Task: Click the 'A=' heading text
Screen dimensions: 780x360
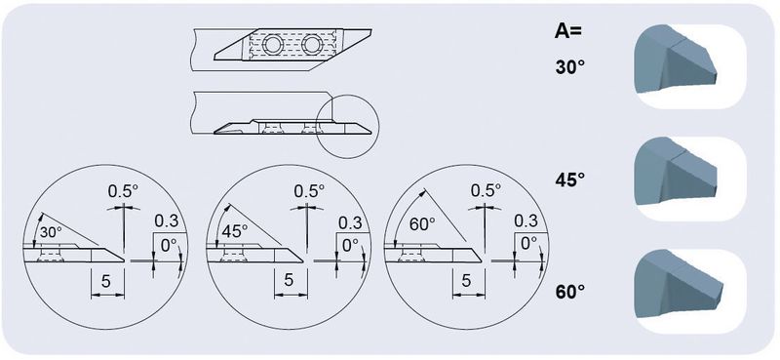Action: click(x=568, y=31)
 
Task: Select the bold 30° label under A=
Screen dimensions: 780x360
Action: click(x=569, y=67)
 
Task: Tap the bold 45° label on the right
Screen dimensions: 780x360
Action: click(x=569, y=180)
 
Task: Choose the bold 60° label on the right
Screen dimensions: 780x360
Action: click(x=569, y=292)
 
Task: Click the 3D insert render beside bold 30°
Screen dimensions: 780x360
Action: click(x=676, y=59)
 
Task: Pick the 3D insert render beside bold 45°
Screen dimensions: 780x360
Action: click(x=676, y=171)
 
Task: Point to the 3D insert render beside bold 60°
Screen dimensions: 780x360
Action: click(x=679, y=283)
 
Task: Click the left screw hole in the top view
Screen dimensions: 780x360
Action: click(x=273, y=45)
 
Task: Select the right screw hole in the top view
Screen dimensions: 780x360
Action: click(x=312, y=45)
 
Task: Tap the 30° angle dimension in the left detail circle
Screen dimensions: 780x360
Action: click(x=51, y=232)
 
